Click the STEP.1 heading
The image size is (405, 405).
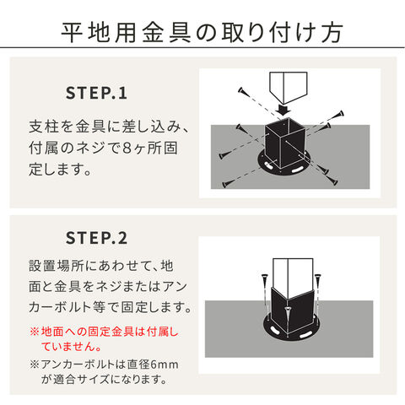click(x=96, y=94)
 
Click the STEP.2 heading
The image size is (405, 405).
click(x=96, y=238)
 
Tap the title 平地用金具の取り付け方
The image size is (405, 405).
click(x=202, y=32)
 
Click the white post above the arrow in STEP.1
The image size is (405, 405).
click(x=289, y=87)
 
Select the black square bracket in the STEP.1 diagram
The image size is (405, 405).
click(x=285, y=143)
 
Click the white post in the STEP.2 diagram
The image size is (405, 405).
click(x=293, y=277)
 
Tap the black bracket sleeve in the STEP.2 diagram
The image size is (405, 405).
click(x=293, y=310)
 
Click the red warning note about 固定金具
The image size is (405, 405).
click(x=105, y=339)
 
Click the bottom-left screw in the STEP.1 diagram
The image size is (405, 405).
click(x=227, y=184)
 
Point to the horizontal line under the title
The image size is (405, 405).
click(x=202, y=47)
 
